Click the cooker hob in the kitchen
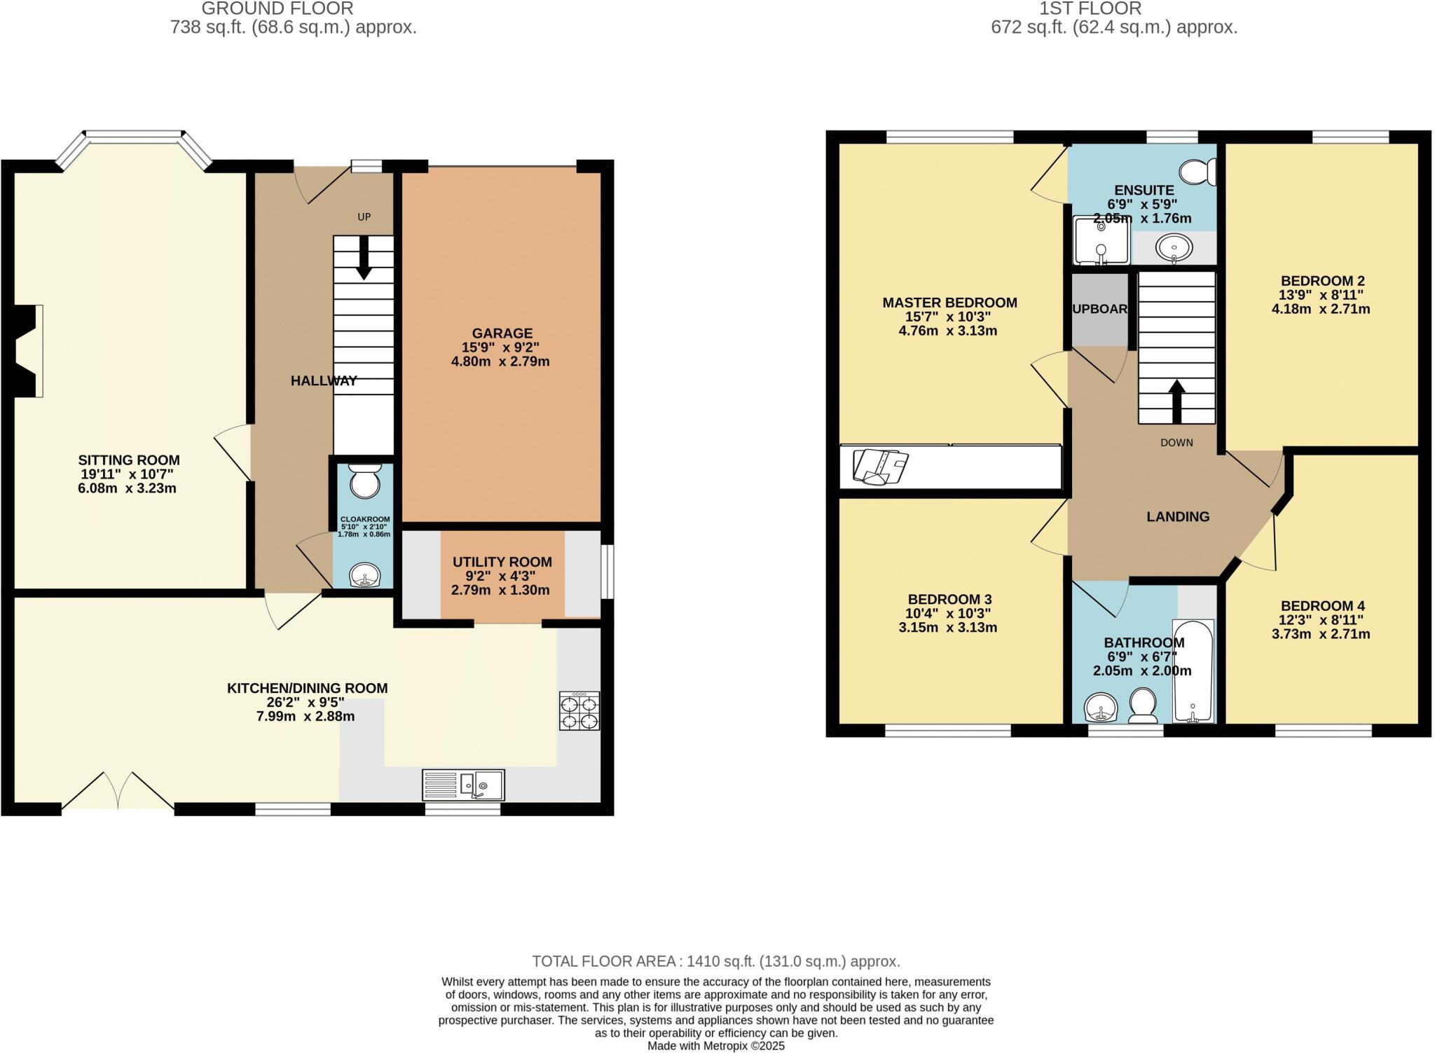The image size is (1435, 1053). [x=579, y=711]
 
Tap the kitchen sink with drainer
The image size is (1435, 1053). [x=463, y=785]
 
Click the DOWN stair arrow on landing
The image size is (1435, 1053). [x=1176, y=401]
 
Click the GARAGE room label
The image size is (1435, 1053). [x=502, y=333]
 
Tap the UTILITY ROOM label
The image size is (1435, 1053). [x=502, y=562]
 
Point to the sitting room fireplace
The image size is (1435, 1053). [x=28, y=351]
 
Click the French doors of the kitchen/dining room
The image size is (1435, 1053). [x=118, y=792]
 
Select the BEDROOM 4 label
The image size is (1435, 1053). [x=1322, y=606]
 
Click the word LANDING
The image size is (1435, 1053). [x=1178, y=516]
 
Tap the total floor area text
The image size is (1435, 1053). [x=715, y=961]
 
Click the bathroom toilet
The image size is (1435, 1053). [x=1143, y=706]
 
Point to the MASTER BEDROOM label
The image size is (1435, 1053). [x=949, y=303]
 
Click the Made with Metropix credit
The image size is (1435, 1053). [x=715, y=1046]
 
